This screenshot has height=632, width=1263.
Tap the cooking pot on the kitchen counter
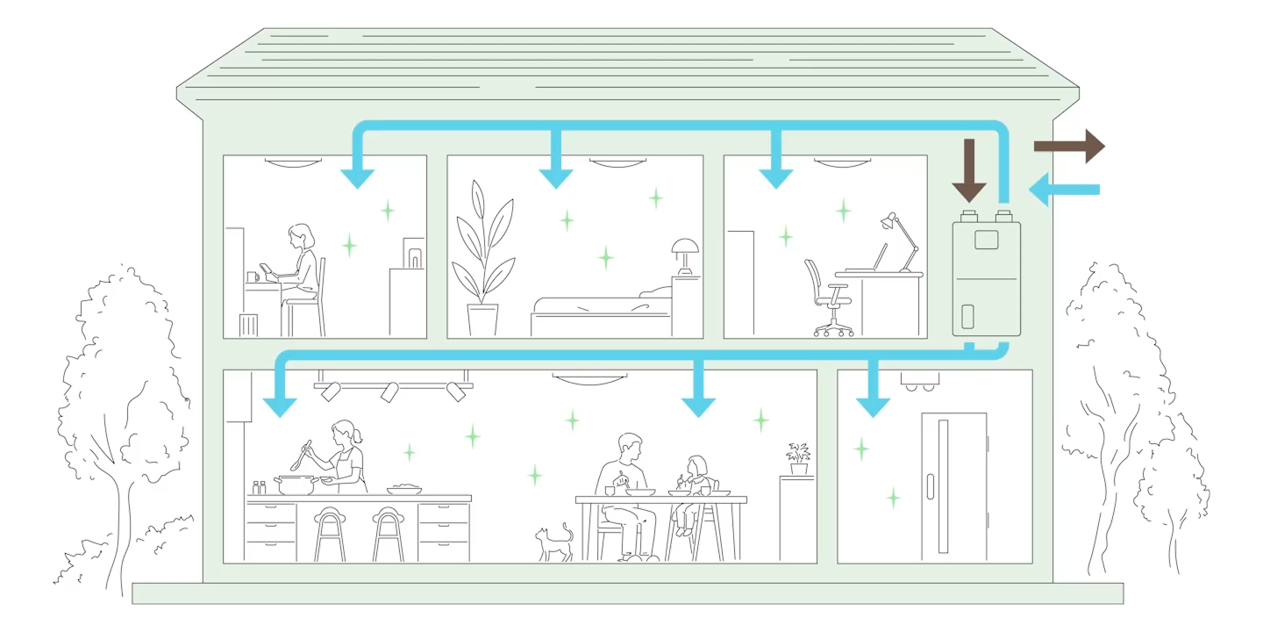[x=295, y=485]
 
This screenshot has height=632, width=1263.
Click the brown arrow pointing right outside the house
[x=1070, y=146]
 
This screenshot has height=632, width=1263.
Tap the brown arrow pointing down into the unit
[x=969, y=170]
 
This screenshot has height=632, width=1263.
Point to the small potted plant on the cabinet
[x=798, y=458]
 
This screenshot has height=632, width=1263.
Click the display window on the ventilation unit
[x=986, y=239]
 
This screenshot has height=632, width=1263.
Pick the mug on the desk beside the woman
[x=253, y=276]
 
